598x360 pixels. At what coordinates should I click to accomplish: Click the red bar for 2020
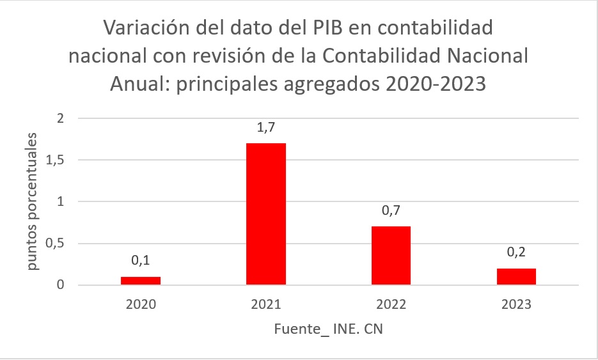141,281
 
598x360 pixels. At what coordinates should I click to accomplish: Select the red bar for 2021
265,214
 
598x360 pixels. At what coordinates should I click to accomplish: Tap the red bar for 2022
391,256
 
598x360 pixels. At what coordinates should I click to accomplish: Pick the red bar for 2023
516,277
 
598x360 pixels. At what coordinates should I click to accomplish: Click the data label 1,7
265,129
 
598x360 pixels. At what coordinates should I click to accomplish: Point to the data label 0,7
391,211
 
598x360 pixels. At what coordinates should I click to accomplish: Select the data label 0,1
141,260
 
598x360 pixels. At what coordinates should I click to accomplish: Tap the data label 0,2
516,253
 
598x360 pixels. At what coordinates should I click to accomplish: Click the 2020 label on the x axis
141,304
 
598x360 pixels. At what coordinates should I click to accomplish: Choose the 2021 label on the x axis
265,304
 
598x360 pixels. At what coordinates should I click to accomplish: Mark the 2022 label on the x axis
391,304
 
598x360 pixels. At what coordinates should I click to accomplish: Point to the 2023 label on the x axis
516,304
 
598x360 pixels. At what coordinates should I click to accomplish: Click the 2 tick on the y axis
61,118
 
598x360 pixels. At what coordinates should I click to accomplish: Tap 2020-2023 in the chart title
420,83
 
